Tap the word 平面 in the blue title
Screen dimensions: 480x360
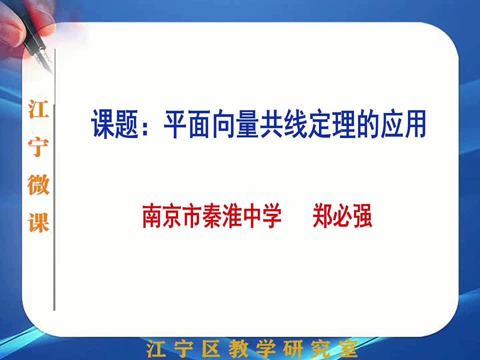pos(187,123)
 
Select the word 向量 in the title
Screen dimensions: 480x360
pos(235,123)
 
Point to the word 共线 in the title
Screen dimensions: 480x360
pos(284,123)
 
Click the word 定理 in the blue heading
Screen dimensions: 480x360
pos(332,123)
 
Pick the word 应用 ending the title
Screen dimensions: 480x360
pos(403,123)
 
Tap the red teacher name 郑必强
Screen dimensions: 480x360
pos(342,216)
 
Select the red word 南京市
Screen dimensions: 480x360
pos(172,216)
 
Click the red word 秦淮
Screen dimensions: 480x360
pos(221,216)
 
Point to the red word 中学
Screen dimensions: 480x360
pos(261,216)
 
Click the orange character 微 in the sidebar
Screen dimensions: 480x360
pos(38,184)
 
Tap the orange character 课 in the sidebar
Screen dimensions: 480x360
pos(38,222)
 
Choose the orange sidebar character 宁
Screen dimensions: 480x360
pos(38,147)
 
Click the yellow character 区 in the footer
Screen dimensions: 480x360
pos(211,348)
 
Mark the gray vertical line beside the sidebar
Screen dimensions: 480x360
pos(54,179)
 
